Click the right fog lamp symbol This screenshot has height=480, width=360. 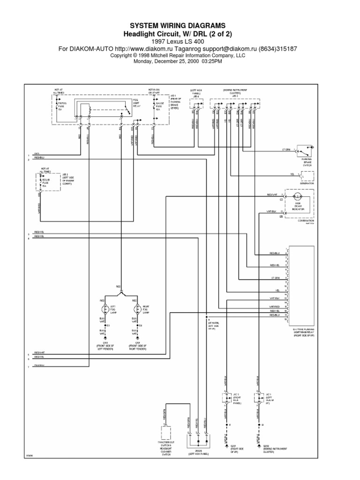tap(137, 310)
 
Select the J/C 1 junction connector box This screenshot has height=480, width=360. tap(258, 397)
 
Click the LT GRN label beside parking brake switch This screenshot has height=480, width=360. tap(286, 150)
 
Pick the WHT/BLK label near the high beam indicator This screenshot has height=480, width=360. tap(271, 211)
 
